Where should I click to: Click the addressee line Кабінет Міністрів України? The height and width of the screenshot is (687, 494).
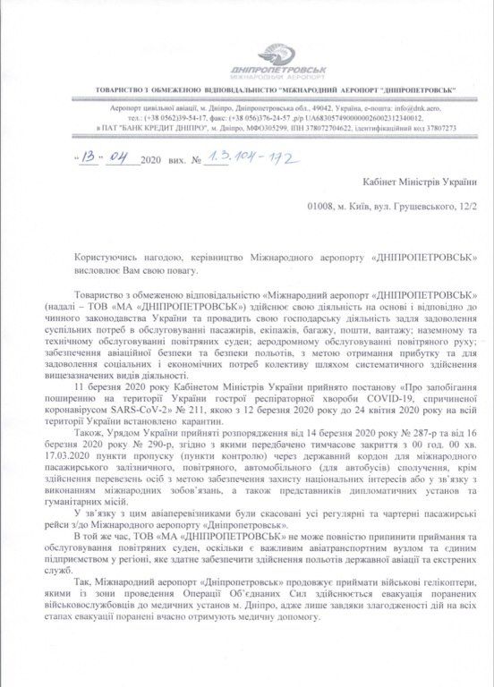(x=417, y=183)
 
